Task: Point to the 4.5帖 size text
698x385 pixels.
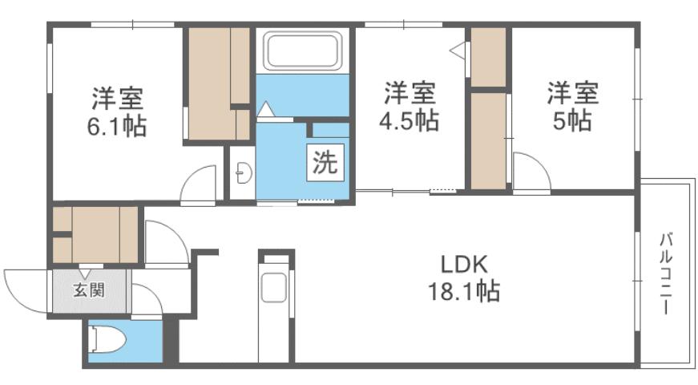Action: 410,120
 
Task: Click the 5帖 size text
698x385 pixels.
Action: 572,120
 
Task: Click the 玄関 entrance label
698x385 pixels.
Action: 89,290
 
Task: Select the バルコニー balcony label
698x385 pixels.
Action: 665,274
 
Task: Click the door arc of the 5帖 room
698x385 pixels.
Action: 531,172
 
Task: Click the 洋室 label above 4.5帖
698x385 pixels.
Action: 410,93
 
